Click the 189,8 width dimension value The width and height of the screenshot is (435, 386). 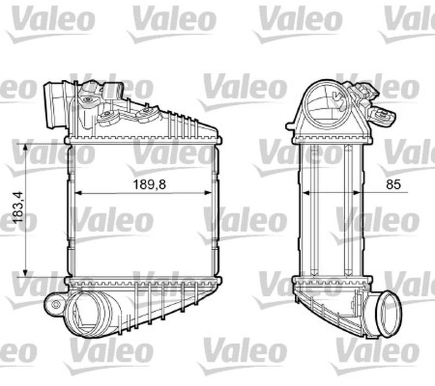(150, 184)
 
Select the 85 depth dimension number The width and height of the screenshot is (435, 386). (393, 184)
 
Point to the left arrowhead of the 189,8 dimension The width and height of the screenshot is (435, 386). (77, 193)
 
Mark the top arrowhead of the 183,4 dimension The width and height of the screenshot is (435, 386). (25, 147)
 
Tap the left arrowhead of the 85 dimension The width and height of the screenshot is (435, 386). (304, 193)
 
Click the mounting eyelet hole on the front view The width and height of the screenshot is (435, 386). (55, 304)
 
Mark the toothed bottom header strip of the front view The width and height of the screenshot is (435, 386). (142, 281)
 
